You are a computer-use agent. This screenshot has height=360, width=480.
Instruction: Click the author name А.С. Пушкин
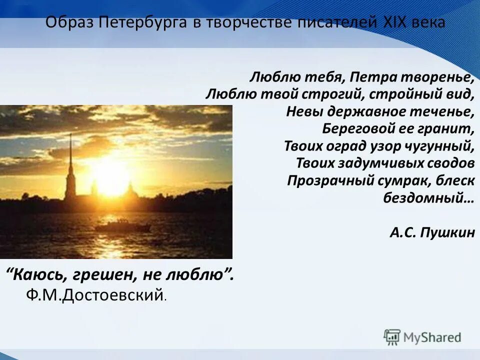[x=432, y=232]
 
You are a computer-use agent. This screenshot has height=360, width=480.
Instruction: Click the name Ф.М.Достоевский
[x=95, y=295]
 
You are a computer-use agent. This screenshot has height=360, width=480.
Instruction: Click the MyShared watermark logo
[x=422, y=337]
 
